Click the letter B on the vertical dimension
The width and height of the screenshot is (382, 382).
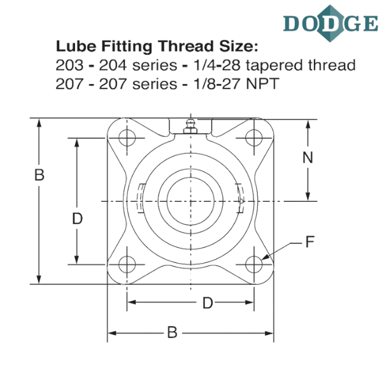(x=39, y=174)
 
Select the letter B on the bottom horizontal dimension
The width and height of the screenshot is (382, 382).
(x=171, y=332)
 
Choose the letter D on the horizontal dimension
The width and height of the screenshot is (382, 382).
(x=206, y=302)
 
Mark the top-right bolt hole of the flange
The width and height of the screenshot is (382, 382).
(x=254, y=136)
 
